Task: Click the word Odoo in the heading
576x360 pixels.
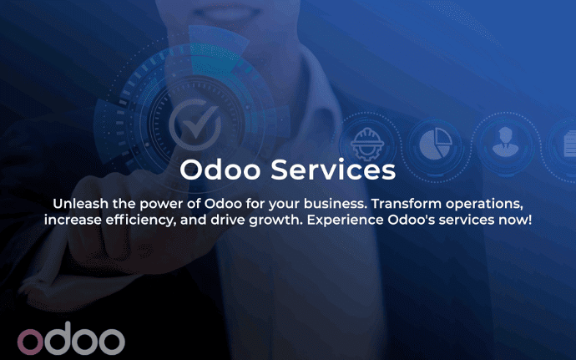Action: coord(220,170)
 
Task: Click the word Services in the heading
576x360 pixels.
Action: coord(333,170)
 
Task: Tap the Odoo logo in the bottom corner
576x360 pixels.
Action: coord(71,338)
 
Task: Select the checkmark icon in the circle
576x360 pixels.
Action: coord(195,124)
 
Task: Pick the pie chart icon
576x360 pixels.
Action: coord(435,144)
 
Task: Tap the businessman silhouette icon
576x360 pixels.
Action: coord(506,142)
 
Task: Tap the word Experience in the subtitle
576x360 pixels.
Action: coord(346,221)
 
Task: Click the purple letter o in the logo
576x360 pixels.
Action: coord(30,342)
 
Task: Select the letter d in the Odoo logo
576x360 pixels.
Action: coord(57,338)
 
